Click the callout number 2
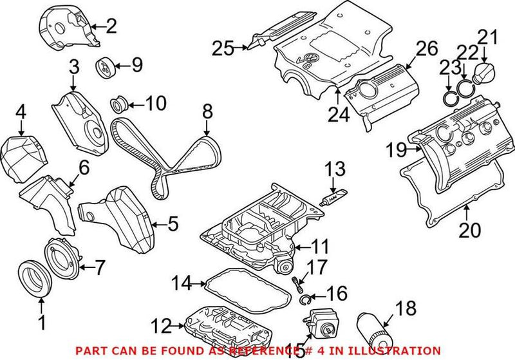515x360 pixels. tap(111, 26)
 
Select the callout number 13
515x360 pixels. tap(334, 170)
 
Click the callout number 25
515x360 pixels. tap(223, 46)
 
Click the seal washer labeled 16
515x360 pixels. tap(306, 299)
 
